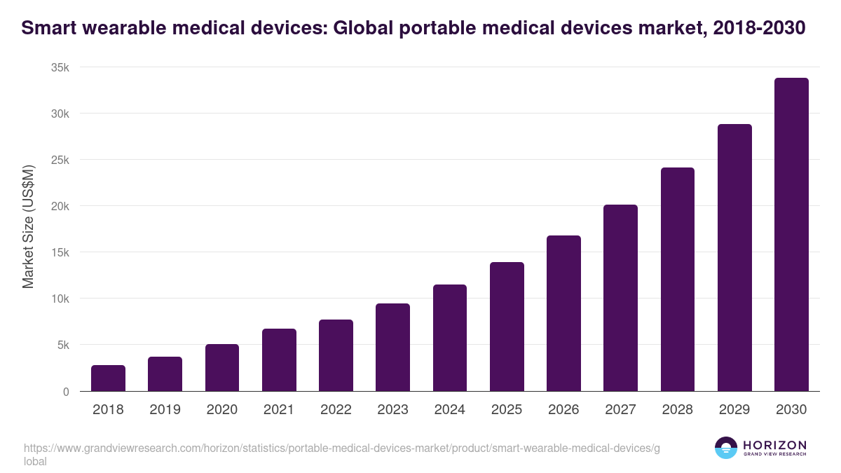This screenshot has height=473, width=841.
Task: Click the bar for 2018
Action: [108, 378]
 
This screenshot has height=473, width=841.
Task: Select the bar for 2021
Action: [279, 360]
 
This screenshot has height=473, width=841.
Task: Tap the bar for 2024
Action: [450, 338]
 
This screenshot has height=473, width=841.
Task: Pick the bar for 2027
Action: [621, 298]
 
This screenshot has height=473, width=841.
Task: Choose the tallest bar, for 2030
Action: [791, 235]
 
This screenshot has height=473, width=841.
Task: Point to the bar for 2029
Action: [734, 258]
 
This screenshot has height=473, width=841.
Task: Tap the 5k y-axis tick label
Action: [64, 345]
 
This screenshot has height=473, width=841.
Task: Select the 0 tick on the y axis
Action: [66, 392]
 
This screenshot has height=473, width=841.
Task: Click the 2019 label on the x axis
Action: [165, 410]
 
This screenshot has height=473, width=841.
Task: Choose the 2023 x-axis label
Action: [392, 410]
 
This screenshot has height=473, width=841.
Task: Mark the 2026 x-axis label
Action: [563, 410]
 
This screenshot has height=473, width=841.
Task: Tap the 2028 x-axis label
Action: [678, 410]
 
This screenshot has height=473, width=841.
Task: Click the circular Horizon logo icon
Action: [725, 448]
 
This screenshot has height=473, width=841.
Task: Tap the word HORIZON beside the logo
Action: [774, 445]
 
